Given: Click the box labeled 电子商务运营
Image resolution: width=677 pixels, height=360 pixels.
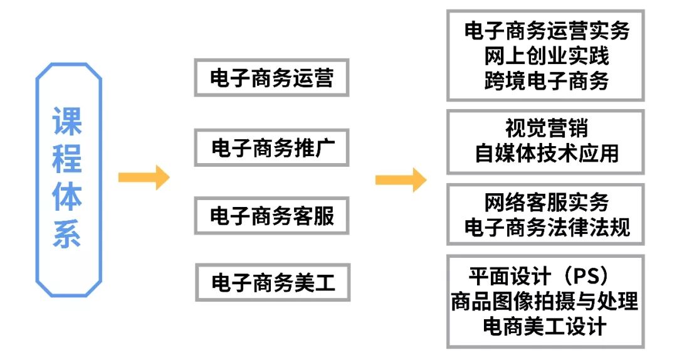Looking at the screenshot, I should point(271,78).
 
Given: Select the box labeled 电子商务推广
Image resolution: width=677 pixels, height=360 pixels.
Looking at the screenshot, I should point(271,148).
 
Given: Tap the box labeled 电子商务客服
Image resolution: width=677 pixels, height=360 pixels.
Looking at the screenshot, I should point(271,216).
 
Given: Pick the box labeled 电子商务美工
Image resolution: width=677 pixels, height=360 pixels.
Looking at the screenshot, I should point(271,283).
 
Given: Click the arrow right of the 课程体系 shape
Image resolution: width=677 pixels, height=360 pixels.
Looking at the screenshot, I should point(144,177).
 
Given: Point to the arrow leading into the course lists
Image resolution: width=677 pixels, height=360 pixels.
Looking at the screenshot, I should point(400,180).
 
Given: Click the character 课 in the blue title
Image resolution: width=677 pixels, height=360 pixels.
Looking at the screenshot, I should point(68,121).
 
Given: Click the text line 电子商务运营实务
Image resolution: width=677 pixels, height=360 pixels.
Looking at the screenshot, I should point(546,31).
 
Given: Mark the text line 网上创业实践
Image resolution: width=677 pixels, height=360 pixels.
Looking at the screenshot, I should point(546,56).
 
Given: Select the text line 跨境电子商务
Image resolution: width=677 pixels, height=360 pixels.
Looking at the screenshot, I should point(546,81).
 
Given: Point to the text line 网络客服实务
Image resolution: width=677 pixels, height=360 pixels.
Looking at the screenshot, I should point(546,202).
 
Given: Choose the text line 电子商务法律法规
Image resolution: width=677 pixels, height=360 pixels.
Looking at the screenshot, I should point(546,227).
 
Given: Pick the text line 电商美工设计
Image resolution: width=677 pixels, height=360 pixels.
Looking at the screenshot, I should point(545,326).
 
